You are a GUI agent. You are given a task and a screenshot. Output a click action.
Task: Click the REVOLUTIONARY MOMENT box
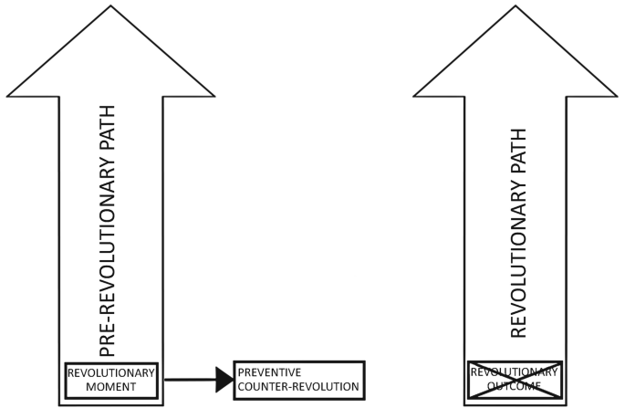click(x=111, y=379)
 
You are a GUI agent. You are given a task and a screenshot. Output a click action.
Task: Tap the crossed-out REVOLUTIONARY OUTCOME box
click(x=515, y=379)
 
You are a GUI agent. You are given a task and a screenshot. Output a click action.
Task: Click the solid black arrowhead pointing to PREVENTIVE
click(x=224, y=379)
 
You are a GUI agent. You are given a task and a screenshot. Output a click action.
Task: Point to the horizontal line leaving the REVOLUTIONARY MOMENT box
click(x=187, y=379)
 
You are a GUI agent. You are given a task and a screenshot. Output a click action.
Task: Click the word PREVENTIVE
click(x=268, y=372)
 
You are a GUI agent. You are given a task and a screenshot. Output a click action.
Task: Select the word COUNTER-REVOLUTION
click(x=297, y=387)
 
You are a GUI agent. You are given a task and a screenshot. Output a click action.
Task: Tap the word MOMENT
click(x=111, y=387)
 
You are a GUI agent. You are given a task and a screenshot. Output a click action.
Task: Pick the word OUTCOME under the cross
click(x=515, y=387)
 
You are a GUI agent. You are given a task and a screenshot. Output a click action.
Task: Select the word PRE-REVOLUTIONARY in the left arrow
click(x=109, y=260)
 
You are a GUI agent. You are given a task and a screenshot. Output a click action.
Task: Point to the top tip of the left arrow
click(x=111, y=4)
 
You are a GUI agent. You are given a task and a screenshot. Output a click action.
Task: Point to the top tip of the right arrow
click(x=517, y=4)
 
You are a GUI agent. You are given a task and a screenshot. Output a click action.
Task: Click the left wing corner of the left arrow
click(x=8, y=95)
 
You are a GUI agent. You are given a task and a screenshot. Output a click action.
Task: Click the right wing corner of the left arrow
click(x=214, y=95)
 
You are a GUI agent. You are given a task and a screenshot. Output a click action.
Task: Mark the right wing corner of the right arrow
click(x=620, y=95)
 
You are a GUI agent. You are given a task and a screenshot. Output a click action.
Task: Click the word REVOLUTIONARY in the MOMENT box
click(x=111, y=371)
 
